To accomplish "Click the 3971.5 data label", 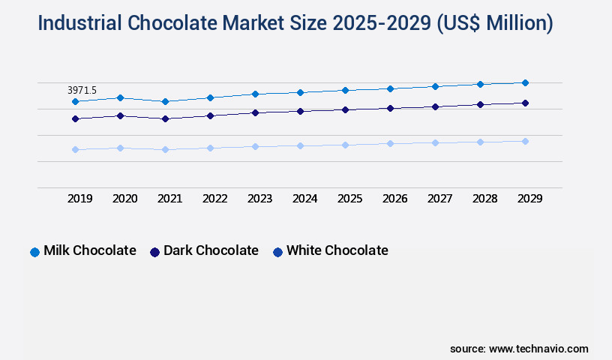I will (82, 90).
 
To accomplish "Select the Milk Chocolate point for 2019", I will (75, 101).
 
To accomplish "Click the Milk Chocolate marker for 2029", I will (525, 82).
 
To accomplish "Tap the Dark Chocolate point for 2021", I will (165, 118).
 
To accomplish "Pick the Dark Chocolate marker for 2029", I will (525, 103).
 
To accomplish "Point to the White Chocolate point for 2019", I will (75, 149).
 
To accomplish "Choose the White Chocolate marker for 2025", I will (345, 145).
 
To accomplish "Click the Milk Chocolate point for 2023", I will (255, 94).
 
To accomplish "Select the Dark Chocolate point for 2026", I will (390, 108).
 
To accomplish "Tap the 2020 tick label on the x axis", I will (124, 199).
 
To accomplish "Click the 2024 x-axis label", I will (304, 199).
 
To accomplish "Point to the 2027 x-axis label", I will (439, 199).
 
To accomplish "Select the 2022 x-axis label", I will (214, 199).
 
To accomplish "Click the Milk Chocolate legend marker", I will (34, 252).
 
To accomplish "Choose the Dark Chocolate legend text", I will (211, 250).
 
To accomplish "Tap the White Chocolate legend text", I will (337, 250).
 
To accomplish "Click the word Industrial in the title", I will (79, 24).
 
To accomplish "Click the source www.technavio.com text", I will (519, 349).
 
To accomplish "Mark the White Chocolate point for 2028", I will (480, 142).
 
